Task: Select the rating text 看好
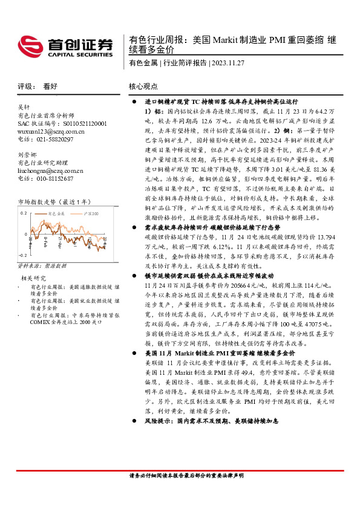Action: [x=50, y=86]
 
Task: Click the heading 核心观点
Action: [x=143, y=86]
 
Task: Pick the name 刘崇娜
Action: [x=28, y=154]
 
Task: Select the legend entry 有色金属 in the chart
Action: [x=57, y=213]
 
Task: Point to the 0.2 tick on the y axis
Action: [x=24, y=213]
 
